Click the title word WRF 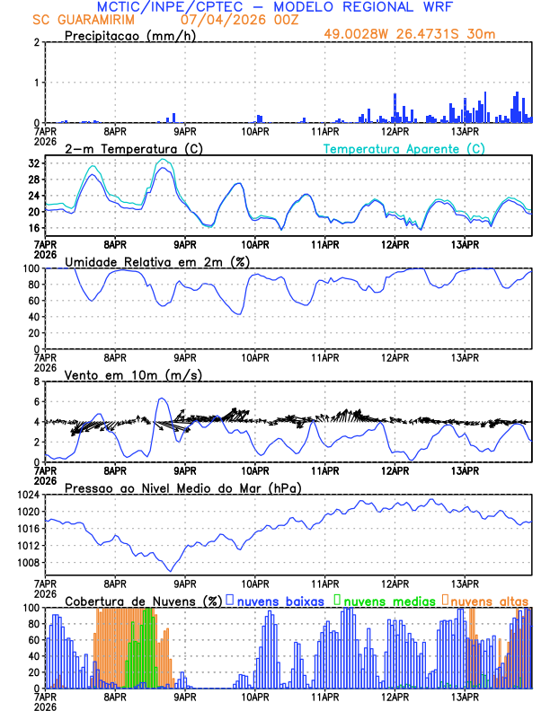(x=438, y=6)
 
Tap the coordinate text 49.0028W (x=357, y=34)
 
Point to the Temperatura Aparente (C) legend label (x=404, y=148)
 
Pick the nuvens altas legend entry (x=490, y=600)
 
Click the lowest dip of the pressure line (x=170, y=571)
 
